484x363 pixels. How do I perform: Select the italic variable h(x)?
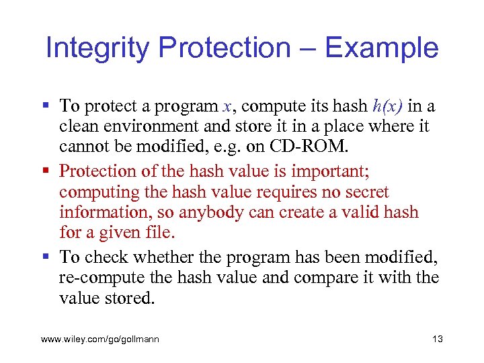pyautogui.click(x=389, y=106)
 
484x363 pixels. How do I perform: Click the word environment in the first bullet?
pyautogui.click(x=159, y=126)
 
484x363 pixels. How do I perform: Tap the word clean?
pyautogui.click(x=79, y=126)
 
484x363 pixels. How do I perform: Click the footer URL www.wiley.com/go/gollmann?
pyautogui.click(x=100, y=339)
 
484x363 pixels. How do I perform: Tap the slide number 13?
pyautogui.click(x=438, y=339)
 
